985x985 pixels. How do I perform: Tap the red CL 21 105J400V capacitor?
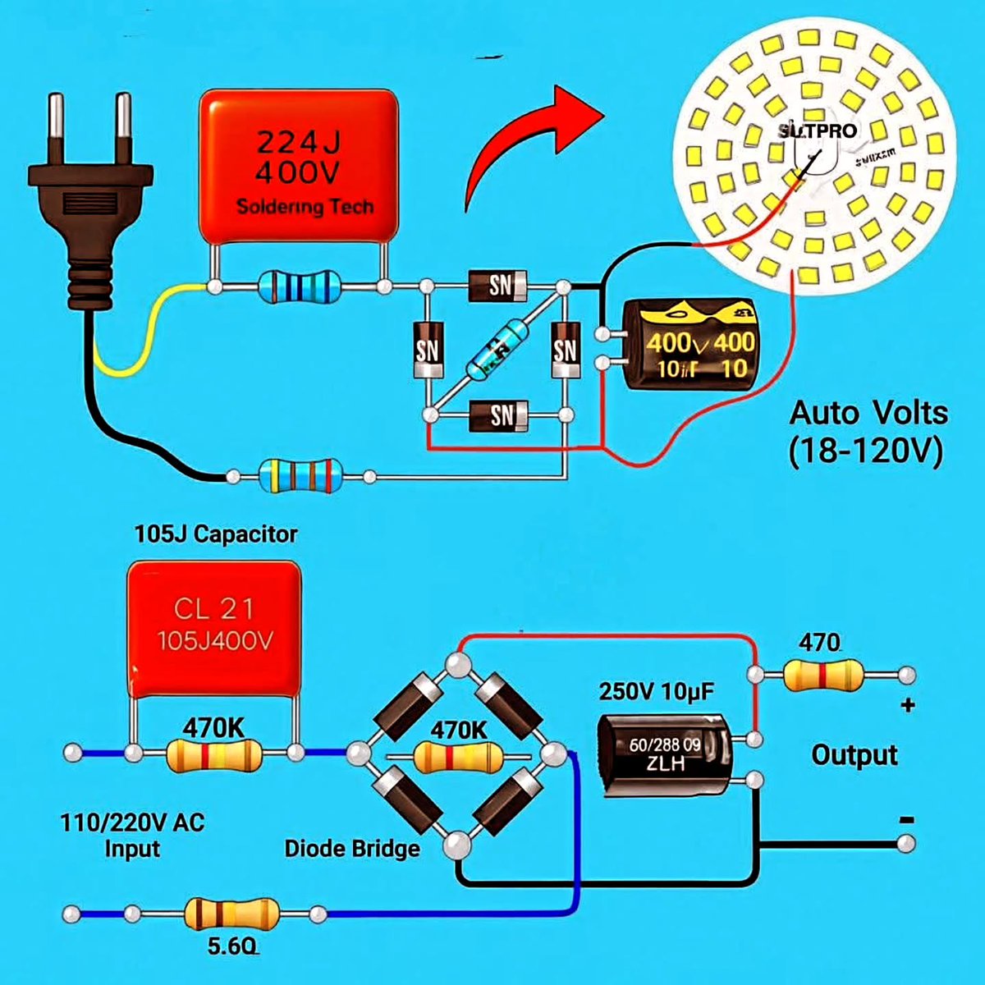coord(214,628)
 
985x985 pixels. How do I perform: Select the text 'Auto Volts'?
coord(868,412)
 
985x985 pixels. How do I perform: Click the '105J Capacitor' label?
coord(216,534)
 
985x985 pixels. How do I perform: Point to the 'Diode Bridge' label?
coord(351,848)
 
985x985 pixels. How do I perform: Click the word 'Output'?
coord(854,754)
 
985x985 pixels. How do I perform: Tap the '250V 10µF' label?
coord(657,692)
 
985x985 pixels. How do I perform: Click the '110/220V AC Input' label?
coord(131,835)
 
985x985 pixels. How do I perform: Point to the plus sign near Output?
coord(908,705)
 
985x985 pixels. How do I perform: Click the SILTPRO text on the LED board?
coord(817,131)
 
